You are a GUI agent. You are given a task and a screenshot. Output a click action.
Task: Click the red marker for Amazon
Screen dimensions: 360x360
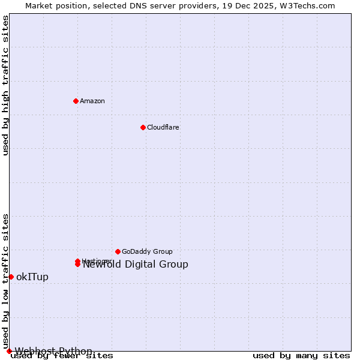76,101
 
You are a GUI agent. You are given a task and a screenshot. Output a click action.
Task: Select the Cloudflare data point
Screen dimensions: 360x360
143,127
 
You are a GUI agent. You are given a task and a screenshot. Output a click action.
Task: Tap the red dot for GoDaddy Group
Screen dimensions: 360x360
118,251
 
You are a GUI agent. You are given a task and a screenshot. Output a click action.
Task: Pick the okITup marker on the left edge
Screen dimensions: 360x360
11,277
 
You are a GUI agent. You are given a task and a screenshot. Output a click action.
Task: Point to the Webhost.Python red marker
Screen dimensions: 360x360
9,351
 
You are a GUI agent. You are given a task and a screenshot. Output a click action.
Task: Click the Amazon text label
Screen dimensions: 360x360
92,101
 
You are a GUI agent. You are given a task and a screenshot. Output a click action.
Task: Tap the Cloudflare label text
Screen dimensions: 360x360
163,127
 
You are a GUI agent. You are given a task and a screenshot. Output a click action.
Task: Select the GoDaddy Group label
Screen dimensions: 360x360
147,251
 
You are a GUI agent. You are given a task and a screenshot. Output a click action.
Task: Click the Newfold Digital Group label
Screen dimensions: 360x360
135,265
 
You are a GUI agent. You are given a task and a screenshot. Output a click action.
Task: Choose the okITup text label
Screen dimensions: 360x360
32,277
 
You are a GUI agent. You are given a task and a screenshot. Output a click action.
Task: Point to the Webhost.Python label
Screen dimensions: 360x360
53,351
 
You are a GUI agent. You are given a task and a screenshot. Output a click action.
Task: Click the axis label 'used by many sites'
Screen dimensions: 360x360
301,356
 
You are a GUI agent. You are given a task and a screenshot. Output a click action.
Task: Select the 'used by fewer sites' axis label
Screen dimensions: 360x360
62,356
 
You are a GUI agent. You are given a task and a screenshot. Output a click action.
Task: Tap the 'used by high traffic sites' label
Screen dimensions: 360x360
6,85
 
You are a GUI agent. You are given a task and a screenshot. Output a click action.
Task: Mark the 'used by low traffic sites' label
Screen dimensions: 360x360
6,281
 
